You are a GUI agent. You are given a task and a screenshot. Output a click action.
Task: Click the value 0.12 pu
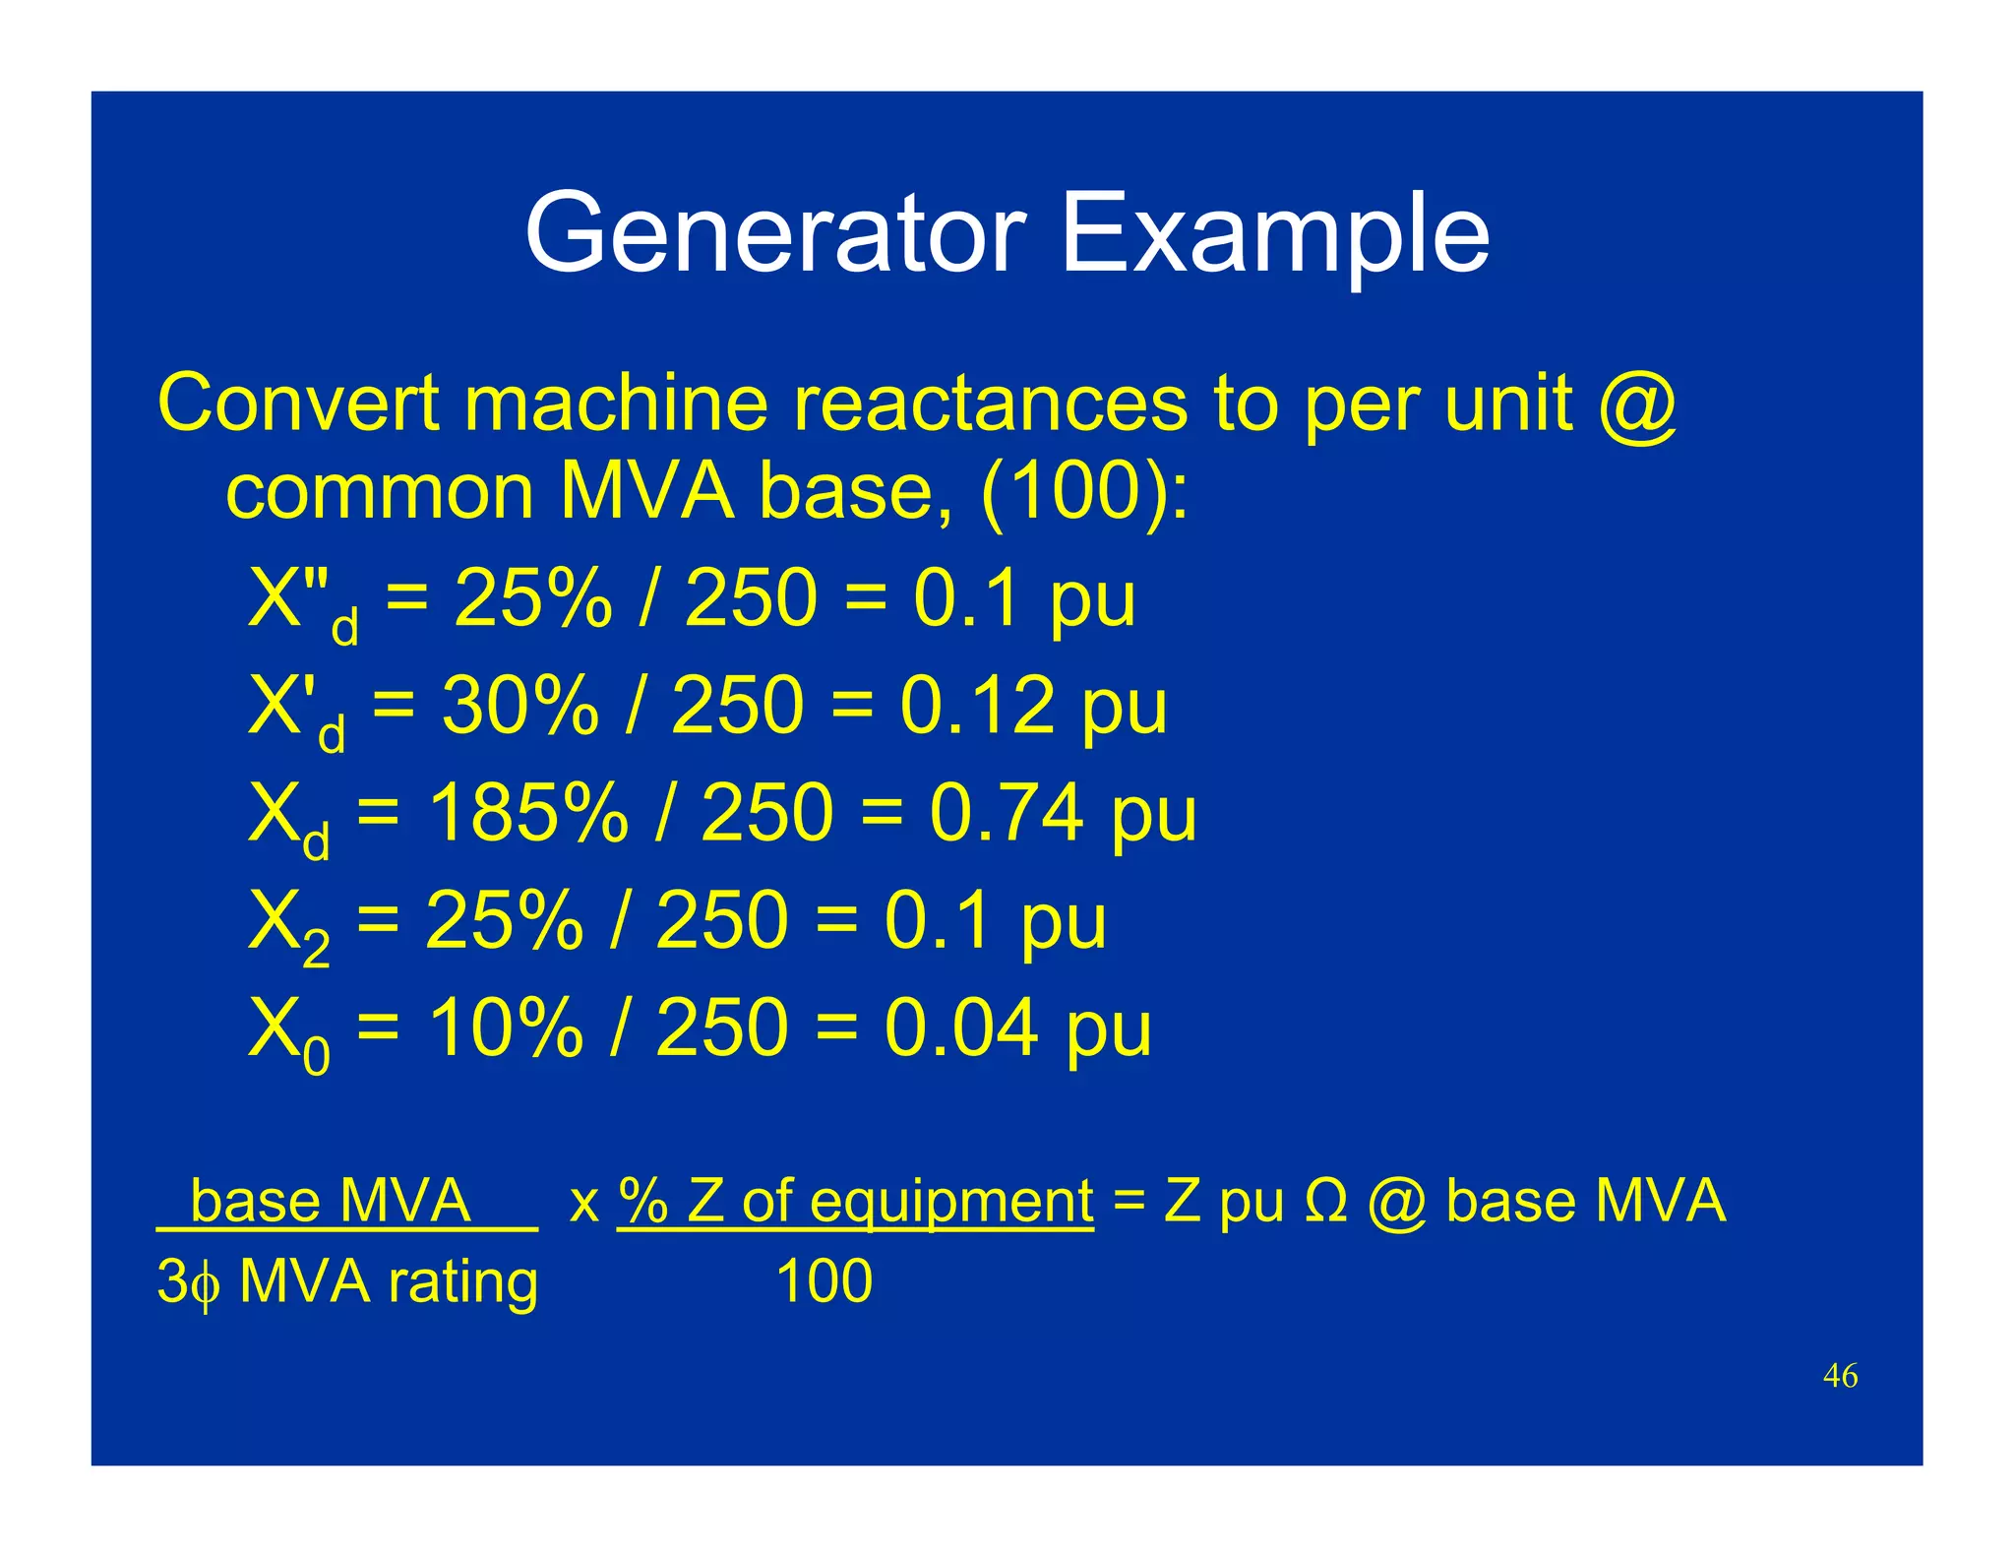point(1033,706)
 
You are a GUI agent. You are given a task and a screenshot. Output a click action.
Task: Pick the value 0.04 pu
point(1017,1028)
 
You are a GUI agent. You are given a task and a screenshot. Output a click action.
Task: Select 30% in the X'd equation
point(520,706)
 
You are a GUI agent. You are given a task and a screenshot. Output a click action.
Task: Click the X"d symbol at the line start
point(301,602)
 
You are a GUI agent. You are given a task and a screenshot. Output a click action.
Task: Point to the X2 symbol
point(288,925)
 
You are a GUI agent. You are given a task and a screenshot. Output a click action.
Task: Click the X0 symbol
point(288,1033)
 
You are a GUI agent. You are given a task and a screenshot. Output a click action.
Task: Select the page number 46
point(1840,1375)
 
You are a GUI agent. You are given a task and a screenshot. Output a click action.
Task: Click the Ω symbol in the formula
point(1325,1202)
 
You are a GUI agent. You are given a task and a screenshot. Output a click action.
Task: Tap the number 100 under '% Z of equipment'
point(824,1281)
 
